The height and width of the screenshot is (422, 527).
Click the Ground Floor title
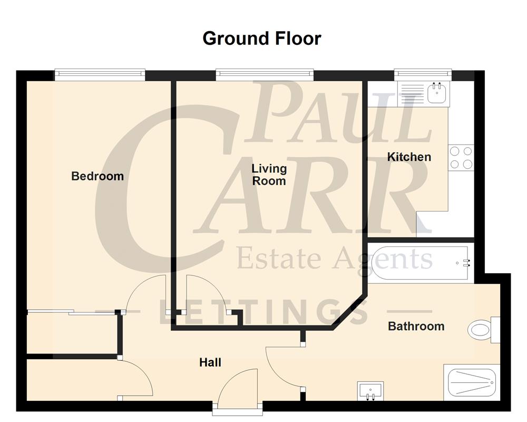coord(262,39)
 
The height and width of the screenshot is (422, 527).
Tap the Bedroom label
coord(97,176)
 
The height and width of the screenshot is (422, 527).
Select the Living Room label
coord(269,175)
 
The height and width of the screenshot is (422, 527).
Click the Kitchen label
coord(409,157)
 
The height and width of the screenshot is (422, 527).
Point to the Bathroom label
coord(416,327)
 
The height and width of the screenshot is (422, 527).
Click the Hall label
coord(210,363)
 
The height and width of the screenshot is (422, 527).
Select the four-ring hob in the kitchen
coord(461,157)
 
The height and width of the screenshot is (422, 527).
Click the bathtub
coord(419,262)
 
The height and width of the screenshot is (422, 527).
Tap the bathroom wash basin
coord(370,391)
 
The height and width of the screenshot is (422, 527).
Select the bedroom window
coord(100,74)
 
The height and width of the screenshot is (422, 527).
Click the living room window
coord(265,74)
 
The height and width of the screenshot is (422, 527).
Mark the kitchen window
coord(423,74)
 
